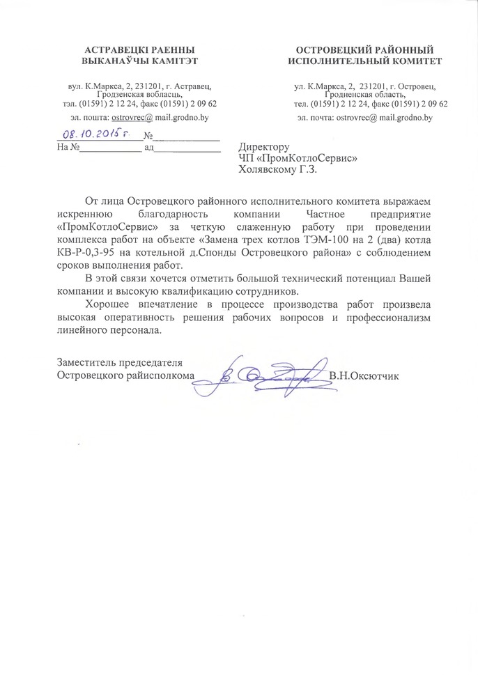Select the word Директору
pos(263,147)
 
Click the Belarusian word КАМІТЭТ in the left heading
pos(172,61)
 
